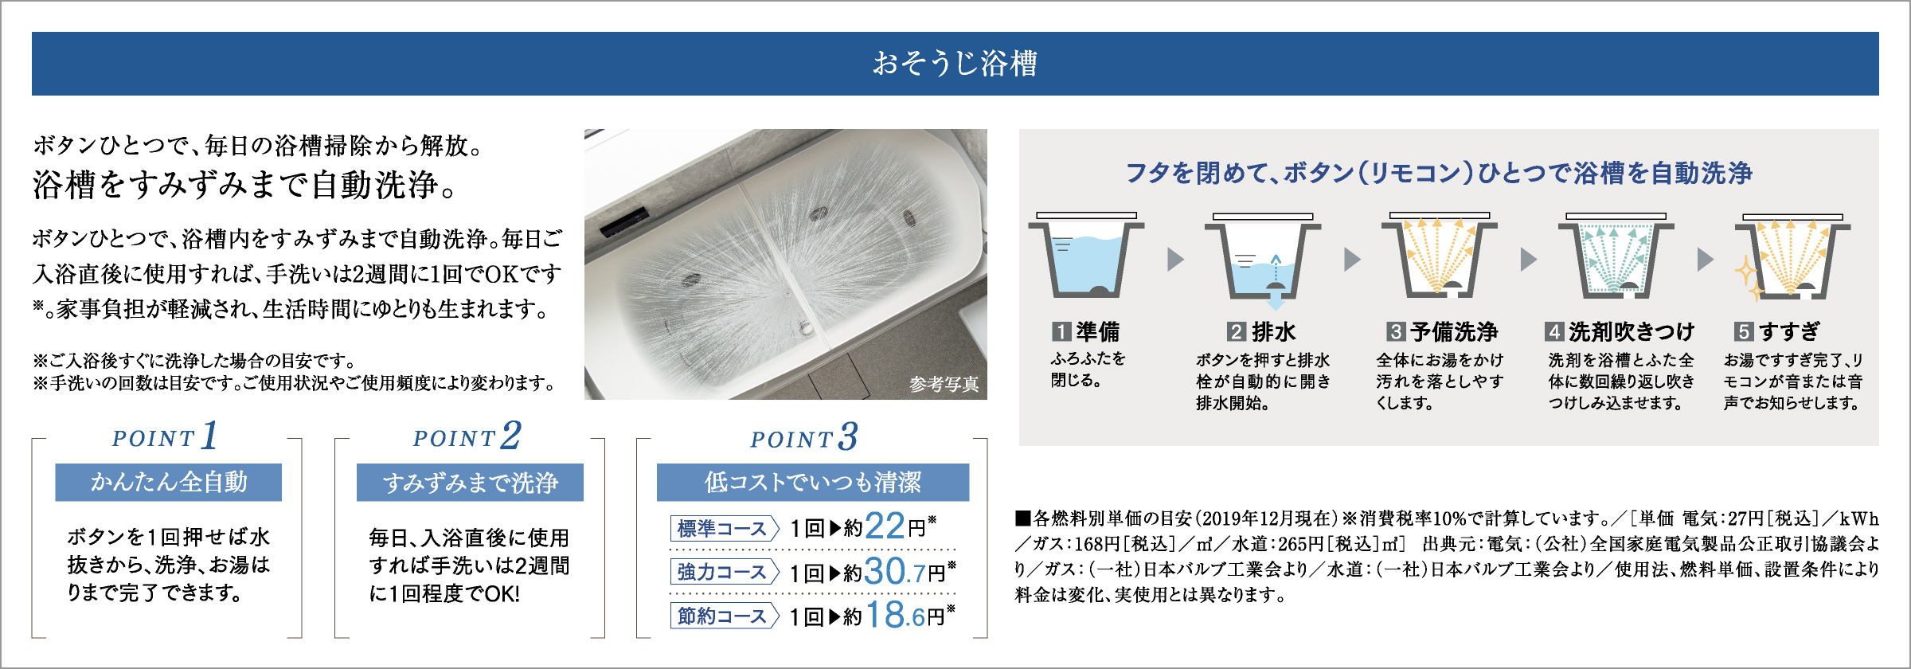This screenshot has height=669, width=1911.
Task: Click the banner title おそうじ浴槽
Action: [x=955, y=63]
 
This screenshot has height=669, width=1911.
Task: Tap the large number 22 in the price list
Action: [x=885, y=526]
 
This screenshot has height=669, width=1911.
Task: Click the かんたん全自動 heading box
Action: [x=169, y=482]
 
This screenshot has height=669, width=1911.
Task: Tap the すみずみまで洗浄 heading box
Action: [x=470, y=482]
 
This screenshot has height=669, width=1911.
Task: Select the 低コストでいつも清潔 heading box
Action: [x=813, y=482]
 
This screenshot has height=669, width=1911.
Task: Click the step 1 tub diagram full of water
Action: [x=1086, y=255]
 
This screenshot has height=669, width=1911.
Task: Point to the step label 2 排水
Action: [x=1261, y=331]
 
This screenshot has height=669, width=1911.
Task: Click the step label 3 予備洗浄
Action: [x=1442, y=331]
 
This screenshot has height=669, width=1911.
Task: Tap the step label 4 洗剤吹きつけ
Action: [x=1620, y=331]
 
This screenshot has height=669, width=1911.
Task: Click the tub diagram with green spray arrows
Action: [x=1616, y=255]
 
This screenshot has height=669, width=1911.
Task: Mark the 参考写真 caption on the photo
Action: [x=944, y=385]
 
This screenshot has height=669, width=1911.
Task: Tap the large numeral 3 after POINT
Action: [x=848, y=436]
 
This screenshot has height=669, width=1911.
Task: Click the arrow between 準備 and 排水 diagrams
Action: [x=1175, y=260]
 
